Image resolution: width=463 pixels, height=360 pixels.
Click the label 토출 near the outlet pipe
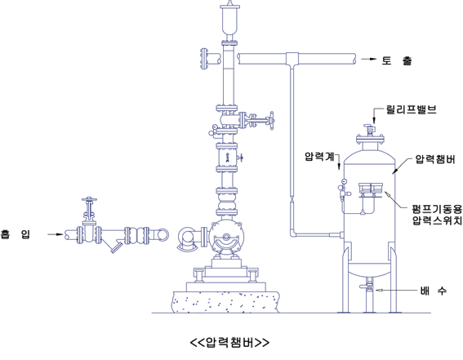396,60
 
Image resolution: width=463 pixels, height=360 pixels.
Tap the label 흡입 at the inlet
16,234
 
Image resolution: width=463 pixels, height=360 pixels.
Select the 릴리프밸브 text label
411,109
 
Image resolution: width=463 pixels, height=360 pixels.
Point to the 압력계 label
319,156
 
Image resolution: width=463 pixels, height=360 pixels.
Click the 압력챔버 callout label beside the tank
435,159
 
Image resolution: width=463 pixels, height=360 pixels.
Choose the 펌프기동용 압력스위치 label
437,215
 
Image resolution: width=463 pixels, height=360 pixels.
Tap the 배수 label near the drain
433,291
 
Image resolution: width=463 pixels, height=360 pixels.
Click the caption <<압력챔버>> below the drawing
229,342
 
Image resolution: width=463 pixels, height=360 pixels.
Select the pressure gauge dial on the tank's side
344,181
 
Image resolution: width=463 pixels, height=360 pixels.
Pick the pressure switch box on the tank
371,189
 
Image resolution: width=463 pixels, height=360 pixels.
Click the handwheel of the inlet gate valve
90,199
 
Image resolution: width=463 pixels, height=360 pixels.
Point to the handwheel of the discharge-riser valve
272,120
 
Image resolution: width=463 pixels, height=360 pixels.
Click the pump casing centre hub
226,237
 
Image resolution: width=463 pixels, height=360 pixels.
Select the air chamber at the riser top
230,19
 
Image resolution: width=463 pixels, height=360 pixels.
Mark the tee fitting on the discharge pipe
292,59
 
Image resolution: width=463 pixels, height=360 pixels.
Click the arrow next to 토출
369,59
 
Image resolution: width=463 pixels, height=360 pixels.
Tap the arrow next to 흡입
56,234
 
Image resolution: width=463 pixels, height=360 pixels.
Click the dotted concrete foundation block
225,301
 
